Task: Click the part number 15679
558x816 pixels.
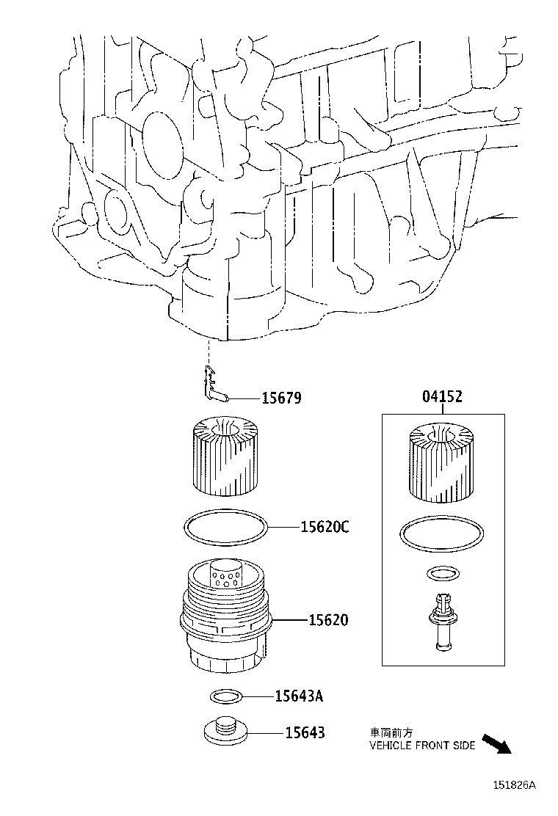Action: (x=281, y=398)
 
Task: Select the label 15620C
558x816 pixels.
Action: (x=324, y=527)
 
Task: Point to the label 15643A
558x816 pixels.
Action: (x=299, y=696)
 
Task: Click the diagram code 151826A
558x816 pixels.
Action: (x=513, y=784)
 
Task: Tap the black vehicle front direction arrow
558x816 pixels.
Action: (x=496, y=743)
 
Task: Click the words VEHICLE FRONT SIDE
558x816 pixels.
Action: (x=421, y=745)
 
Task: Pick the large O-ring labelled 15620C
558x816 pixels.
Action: (x=225, y=528)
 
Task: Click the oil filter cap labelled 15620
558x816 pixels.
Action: (x=225, y=620)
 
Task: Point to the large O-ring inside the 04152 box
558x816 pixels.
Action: (x=442, y=534)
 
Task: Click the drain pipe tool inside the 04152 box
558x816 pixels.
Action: (x=441, y=621)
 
